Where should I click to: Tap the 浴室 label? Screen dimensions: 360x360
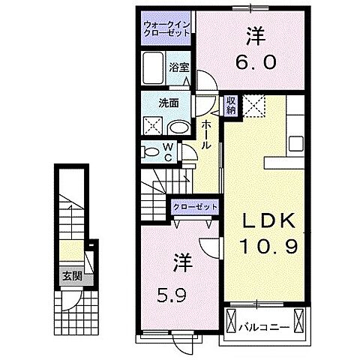(178, 67)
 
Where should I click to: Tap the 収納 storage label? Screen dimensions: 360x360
(232, 104)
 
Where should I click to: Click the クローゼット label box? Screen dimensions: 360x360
(196, 206)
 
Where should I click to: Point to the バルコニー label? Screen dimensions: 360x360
(265, 327)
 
